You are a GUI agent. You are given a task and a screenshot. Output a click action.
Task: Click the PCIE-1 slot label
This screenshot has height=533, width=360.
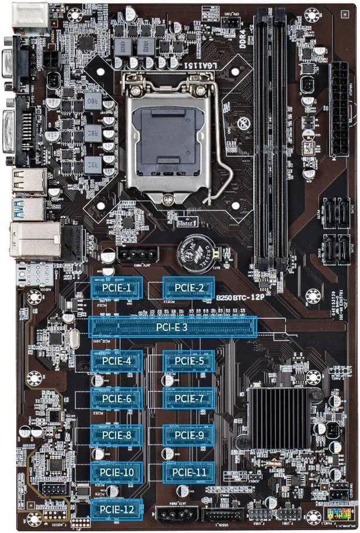point(116,288)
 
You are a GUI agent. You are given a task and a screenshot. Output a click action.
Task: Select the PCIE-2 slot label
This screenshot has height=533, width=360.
point(188,288)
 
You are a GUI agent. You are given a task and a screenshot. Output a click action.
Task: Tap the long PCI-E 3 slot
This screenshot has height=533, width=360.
point(173,327)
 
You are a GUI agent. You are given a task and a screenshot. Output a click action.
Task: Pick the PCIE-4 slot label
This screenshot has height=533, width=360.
point(116,361)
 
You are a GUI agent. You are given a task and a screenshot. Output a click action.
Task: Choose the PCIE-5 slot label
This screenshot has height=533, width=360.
point(188,361)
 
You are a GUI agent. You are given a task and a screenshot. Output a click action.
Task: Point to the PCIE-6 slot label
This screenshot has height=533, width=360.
point(116,399)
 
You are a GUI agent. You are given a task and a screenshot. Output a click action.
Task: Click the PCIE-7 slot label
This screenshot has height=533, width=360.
point(188,399)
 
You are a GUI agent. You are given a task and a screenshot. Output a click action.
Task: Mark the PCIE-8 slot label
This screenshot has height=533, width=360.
point(116,435)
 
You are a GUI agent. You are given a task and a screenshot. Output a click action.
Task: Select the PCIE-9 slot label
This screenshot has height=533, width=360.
point(188,435)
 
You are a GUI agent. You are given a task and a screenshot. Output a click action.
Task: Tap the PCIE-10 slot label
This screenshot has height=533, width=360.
point(116,472)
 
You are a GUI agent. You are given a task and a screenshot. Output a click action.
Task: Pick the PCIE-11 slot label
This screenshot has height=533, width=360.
point(188,472)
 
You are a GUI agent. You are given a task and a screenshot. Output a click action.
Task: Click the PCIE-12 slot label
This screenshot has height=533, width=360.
point(116,509)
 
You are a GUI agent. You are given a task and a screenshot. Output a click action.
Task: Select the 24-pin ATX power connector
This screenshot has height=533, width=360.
point(339,110)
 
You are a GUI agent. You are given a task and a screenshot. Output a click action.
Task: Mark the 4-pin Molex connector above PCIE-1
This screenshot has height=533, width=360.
point(134,255)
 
